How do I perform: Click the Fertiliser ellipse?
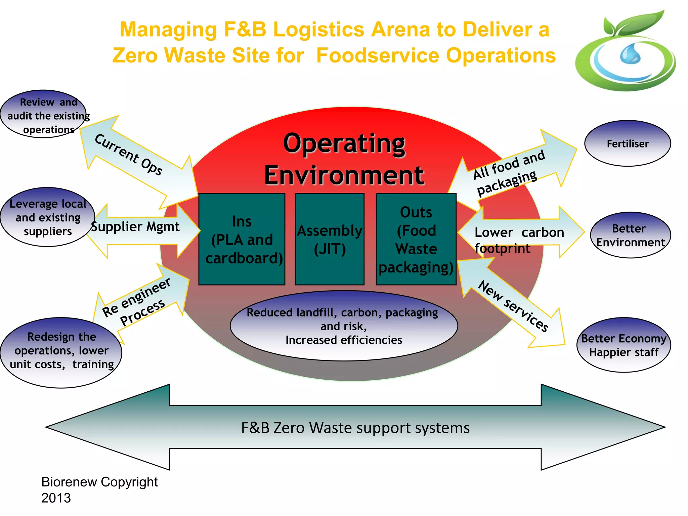coord(627,143)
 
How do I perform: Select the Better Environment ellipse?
coord(630,235)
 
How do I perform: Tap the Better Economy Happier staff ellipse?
coord(623,345)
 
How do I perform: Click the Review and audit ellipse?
coord(44,114)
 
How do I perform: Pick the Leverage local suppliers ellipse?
coord(47,217)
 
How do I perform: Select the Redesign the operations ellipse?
coord(61,353)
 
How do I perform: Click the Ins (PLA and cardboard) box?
coord(242,239)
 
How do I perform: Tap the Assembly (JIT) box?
coord(330,239)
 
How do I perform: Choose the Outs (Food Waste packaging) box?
coord(416,239)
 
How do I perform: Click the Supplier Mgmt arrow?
coord(141,231)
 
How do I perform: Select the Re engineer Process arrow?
coord(141,301)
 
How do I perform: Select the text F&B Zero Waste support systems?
coord(355,428)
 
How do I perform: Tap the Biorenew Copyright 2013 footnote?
coord(99,489)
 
